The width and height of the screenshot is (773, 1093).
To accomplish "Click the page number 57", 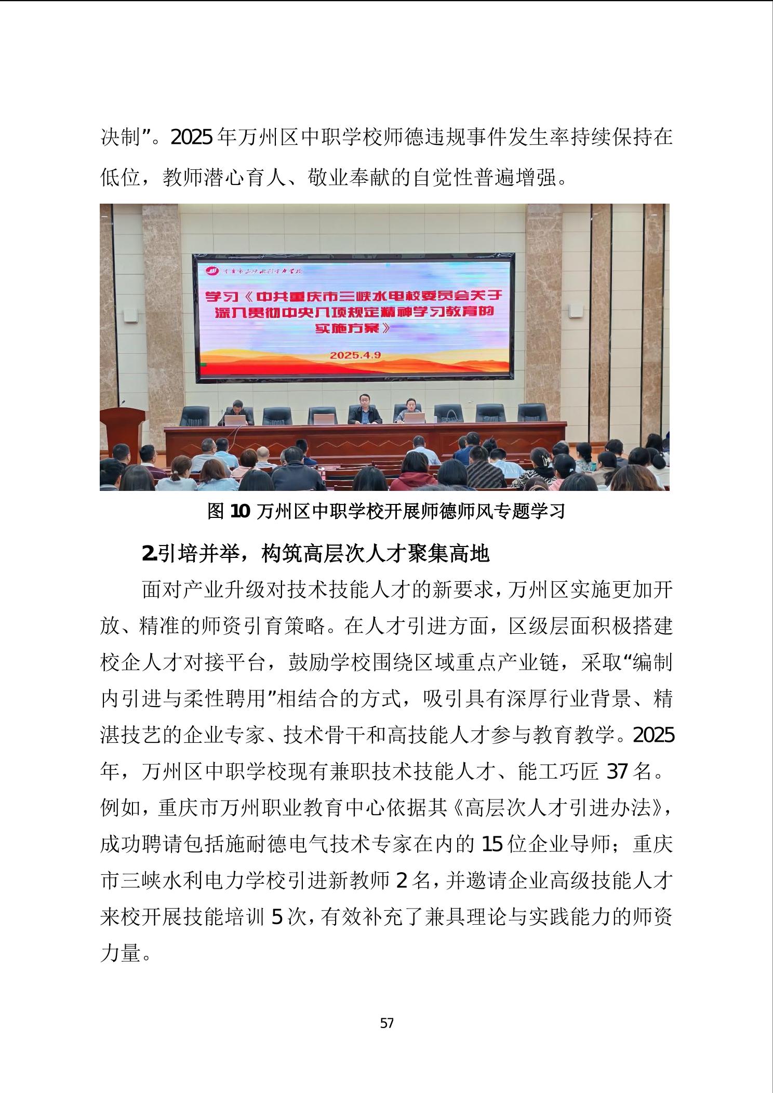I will [x=387, y=1023].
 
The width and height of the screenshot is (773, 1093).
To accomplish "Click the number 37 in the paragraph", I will [x=618, y=771].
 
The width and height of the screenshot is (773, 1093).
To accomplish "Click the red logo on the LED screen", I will [x=212, y=271].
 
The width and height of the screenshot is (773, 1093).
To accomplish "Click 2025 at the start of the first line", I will [x=191, y=138].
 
